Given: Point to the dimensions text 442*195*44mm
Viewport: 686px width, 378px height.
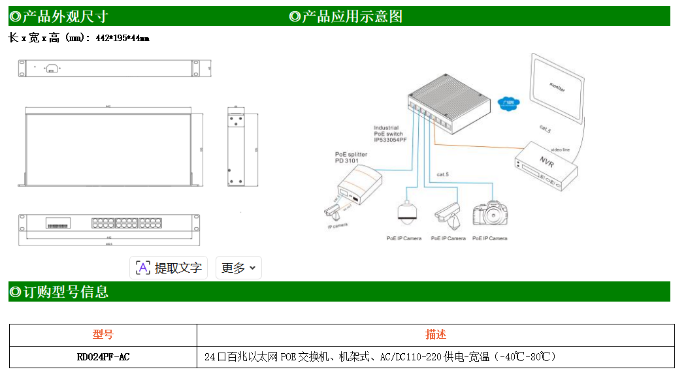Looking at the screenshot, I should (x=122, y=39).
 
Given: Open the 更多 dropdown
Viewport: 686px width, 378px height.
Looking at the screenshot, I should (x=238, y=268).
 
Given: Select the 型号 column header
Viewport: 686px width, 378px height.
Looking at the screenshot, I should (x=103, y=335).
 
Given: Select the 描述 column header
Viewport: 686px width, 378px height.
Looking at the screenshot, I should (x=436, y=335).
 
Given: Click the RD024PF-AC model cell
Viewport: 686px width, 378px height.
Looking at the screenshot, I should (x=103, y=357).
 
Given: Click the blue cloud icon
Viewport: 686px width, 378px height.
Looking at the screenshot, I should (x=508, y=103).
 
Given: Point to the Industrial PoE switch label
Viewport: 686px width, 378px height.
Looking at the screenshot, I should (x=390, y=134).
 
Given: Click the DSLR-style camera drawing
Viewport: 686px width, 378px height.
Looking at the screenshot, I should (x=490, y=212).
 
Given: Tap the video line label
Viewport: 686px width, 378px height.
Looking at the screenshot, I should (x=560, y=150).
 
